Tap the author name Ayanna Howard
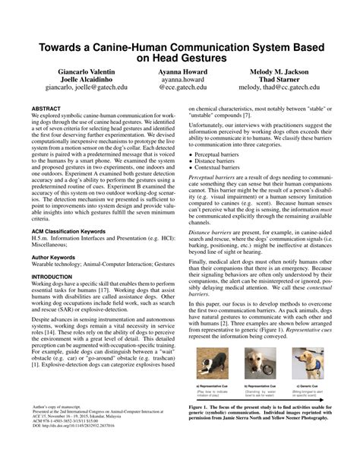pos(182,71)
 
